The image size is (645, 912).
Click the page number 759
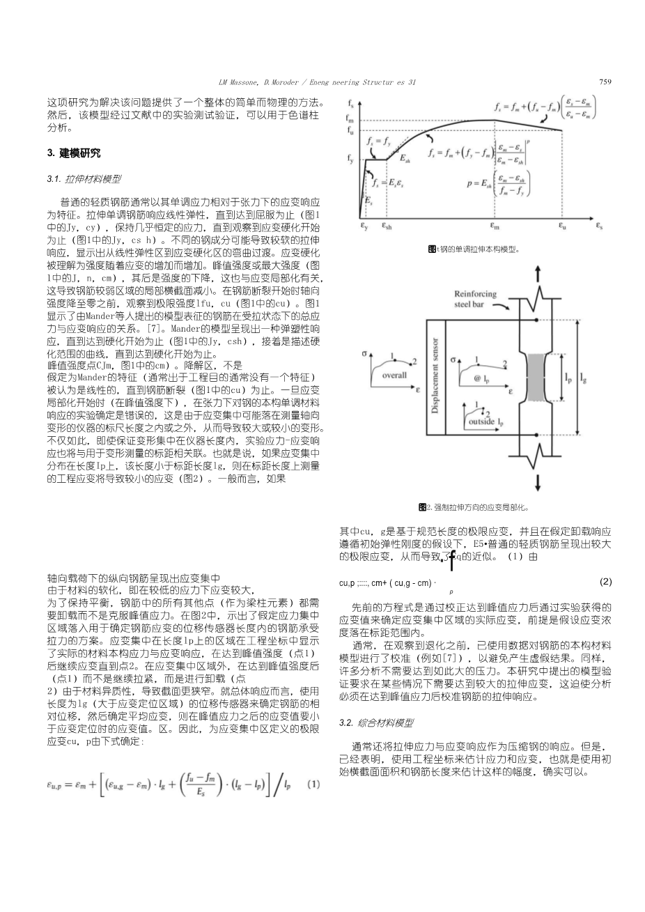[x=605, y=82]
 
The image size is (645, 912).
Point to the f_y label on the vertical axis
[x=350, y=159]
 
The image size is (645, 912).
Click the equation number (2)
[x=605, y=581]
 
